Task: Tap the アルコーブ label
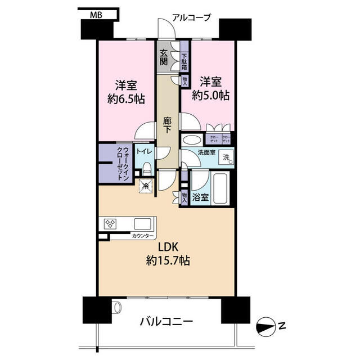[x=191, y=17]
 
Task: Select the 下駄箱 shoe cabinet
[x=184, y=58]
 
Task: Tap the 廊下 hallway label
[x=167, y=124]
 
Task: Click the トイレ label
[x=144, y=151]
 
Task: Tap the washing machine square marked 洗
[x=226, y=158]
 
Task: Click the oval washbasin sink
[x=192, y=140]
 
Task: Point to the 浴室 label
[x=200, y=197]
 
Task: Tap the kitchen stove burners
[x=110, y=224]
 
